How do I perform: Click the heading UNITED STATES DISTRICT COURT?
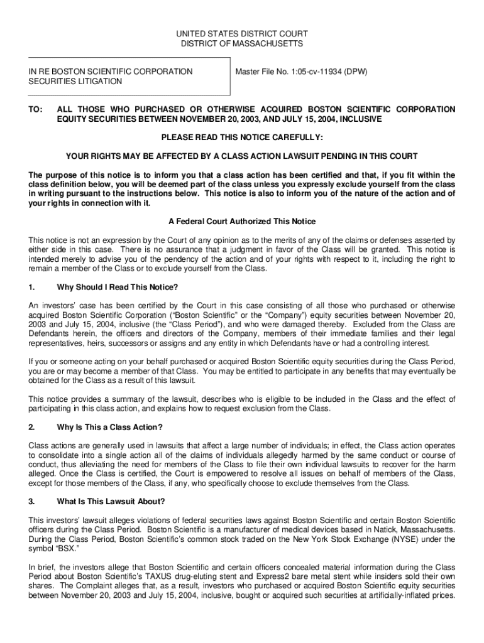click(242, 33)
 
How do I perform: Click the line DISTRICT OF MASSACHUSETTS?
click(242, 44)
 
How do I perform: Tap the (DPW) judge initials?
click(355, 72)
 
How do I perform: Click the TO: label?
click(35, 109)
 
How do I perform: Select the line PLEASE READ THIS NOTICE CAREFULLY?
click(242, 137)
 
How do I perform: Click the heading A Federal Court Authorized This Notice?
click(242, 222)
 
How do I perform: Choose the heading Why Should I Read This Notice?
click(118, 287)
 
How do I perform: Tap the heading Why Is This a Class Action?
click(110, 428)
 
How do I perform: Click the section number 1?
click(31, 287)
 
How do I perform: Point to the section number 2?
click(31, 428)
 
